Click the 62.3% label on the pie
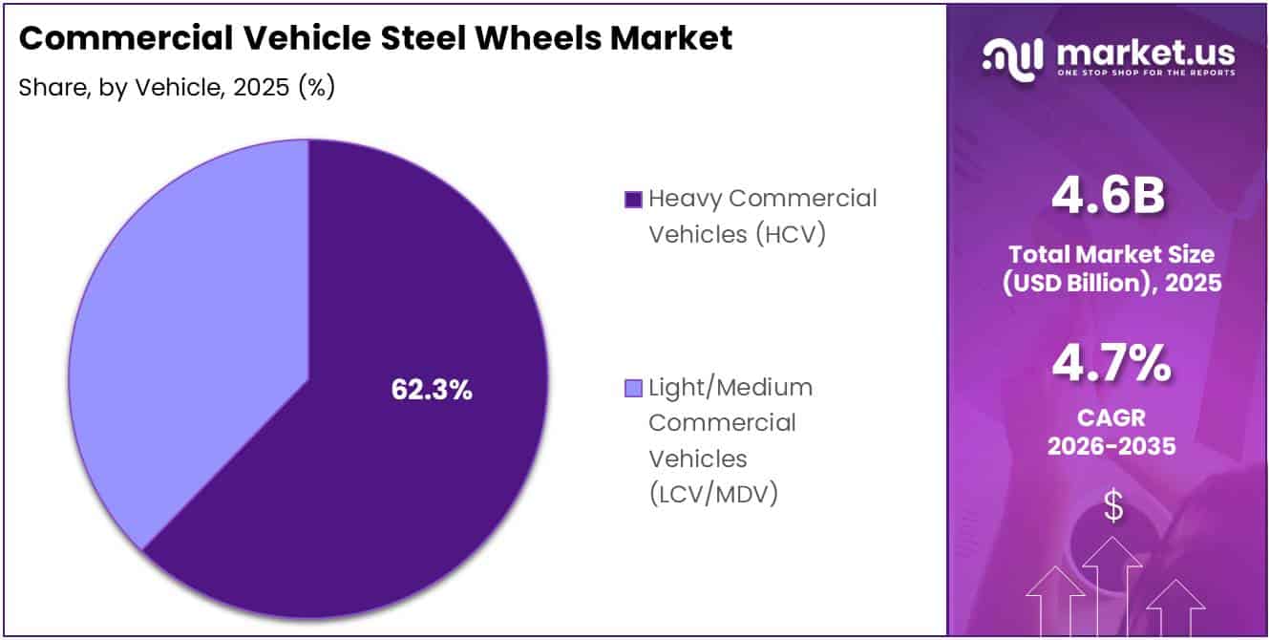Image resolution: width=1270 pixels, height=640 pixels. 432,390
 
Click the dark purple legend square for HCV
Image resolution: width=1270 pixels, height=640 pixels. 632,200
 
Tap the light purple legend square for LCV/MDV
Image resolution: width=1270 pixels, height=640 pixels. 632,389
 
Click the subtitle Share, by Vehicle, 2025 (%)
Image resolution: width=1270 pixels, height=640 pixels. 176,87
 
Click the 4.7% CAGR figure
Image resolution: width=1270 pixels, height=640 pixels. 1111,364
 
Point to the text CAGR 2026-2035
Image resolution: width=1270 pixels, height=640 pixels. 1111,433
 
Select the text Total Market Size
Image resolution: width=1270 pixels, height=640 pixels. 1111,255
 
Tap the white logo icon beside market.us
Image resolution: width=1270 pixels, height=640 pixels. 1014,59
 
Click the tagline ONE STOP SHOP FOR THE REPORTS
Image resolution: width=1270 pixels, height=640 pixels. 1145,74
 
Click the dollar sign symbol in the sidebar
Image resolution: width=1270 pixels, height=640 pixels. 1112,507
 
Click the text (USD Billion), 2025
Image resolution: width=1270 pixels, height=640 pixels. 1111,283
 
